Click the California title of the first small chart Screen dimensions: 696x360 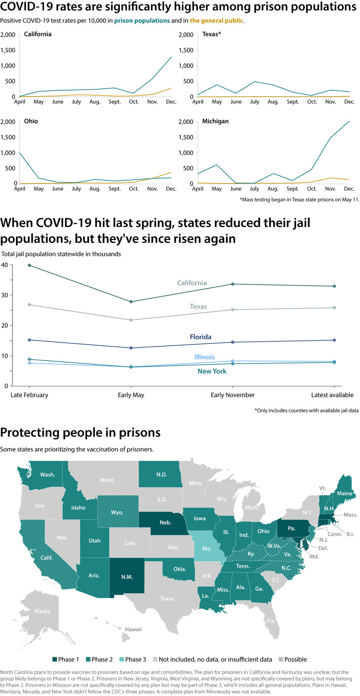tap(38, 34)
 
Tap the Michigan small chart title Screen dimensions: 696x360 tap(215, 121)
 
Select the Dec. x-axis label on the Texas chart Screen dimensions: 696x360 tap(349, 102)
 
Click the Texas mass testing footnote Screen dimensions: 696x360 tap(299, 199)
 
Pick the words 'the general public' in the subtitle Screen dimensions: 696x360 tap(216, 20)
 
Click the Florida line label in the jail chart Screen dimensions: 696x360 tap(200, 337)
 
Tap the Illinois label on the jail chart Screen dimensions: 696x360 tap(204, 357)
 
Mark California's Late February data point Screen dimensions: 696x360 tap(29, 265)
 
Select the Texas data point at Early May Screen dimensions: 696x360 tap(131, 320)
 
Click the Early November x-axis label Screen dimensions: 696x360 tap(232, 395)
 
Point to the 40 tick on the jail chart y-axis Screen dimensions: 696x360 tap(4, 265)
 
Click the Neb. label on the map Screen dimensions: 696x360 tap(165, 523)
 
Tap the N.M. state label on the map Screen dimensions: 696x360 tap(127, 577)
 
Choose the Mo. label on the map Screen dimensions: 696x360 tap(206, 549)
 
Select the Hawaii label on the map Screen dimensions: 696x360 tap(133, 630)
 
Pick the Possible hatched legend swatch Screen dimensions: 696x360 tap(281, 659)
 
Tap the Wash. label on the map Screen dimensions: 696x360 tap(48, 475)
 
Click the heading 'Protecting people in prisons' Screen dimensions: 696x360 tap(80, 433)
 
